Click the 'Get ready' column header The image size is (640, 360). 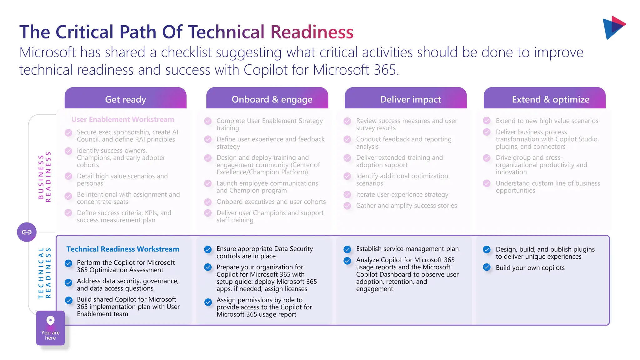point(125,99)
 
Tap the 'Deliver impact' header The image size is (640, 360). point(410,99)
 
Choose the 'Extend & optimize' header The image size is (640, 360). point(550,99)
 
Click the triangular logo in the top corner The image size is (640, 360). point(613,27)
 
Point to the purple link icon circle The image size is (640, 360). point(27,232)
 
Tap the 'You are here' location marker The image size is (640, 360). point(50,328)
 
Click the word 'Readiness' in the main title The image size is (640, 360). point(312,32)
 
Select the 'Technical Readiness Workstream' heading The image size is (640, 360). point(122,249)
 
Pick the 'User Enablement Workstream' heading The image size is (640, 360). point(122,119)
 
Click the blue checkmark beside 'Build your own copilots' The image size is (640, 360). point(487,267)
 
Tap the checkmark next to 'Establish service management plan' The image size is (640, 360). point(347,249)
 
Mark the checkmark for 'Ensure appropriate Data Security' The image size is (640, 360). point(208,249)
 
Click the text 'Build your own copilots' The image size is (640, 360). point(530,268)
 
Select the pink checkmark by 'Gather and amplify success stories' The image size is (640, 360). point(347,206)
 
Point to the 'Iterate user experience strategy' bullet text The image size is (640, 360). point(402,194)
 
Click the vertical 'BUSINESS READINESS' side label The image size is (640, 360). point(44,177)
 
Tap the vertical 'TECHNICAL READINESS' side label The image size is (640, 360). point(44,273)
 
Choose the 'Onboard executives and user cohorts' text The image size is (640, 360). point(271,202)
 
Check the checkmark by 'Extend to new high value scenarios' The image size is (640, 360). point(487,121)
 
